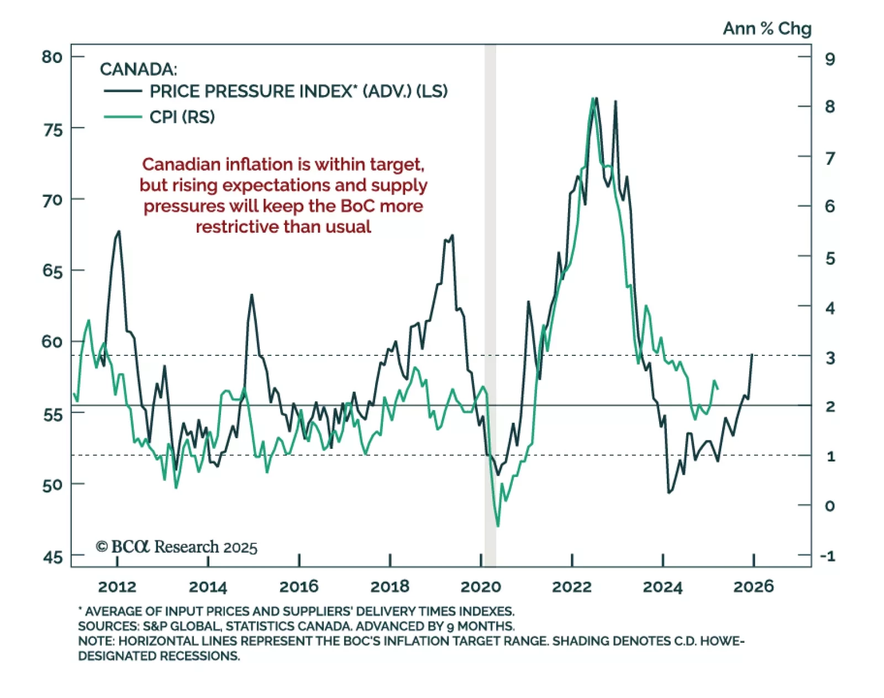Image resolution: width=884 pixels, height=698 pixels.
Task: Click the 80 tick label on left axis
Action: click(x=52, y=57)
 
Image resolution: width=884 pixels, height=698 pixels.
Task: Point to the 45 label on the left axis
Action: click(x=53, y=558)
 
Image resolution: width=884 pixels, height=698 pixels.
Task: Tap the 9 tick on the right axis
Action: click(x=830, y=59)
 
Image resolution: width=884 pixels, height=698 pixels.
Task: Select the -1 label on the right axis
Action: click(x=828, y=556)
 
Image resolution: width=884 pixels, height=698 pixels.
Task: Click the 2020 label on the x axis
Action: click(x=481, y=586)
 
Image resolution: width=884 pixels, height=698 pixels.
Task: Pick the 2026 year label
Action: click(x=754, y=586)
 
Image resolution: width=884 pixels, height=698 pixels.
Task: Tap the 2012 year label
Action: click(x=117, y=586)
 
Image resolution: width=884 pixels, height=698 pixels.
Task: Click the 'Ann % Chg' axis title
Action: click(x=767, y=28)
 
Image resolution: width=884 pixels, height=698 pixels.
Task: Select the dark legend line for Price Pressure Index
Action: click(x=123, y=91)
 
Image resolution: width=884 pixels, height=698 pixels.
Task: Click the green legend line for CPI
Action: click(x=123, y=117)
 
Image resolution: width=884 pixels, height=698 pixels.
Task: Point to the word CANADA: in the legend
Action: click(x=138, y=70)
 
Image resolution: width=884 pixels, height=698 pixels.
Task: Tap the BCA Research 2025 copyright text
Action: click(x=177, y=547)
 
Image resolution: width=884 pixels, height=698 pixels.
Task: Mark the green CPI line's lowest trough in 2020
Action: click(x=498, y=526)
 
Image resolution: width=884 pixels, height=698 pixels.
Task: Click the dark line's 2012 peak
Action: click(x=119, y=232)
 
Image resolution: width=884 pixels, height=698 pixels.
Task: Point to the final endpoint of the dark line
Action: click(x=752, y=355)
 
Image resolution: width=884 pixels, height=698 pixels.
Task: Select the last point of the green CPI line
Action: click(x=718, y=389)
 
